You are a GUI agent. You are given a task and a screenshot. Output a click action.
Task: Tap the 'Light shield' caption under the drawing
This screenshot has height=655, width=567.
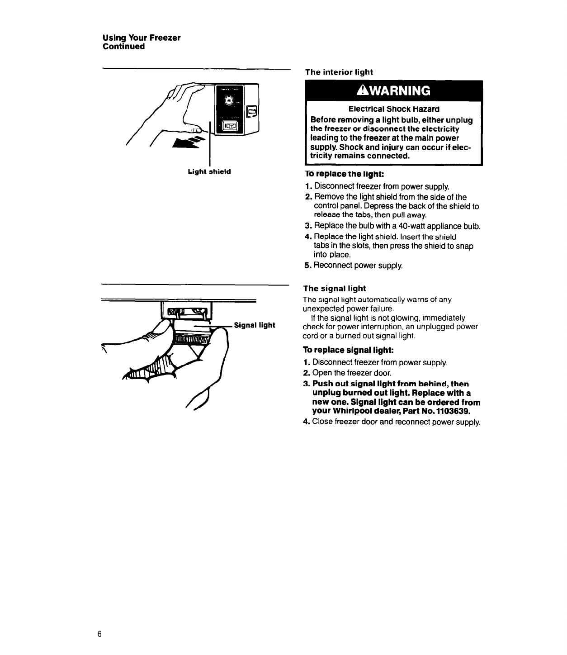pos(209,171)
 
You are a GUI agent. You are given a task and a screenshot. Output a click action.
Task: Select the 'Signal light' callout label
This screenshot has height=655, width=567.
pos(255,325)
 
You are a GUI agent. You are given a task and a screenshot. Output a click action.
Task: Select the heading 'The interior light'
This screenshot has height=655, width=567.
pos(339,72)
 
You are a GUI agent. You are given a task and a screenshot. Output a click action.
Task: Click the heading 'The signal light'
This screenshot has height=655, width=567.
pos(334,288)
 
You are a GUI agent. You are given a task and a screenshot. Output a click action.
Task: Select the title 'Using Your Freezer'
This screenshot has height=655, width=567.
pos(142,38)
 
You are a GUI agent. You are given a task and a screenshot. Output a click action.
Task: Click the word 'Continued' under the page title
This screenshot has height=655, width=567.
pos(124,47)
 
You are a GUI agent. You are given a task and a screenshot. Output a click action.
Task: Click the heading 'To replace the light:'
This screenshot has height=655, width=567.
pos(344,174)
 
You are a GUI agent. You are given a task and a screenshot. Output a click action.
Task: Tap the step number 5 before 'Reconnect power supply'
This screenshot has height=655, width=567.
pos(307,265)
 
